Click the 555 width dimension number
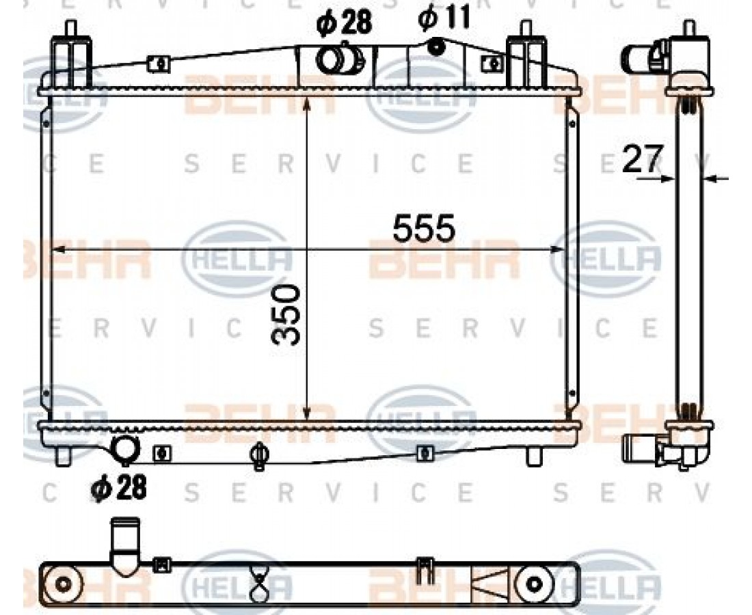click(x=423, y=228)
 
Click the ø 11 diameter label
click(x=444, y=18)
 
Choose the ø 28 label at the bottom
click(x=118, y=488)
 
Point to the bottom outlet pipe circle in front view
click(x=124, y=448)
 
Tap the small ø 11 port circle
click(x=436, y=46)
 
